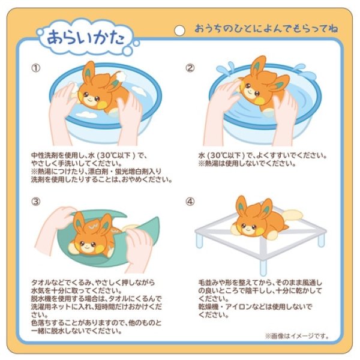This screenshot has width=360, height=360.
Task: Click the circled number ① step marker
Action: coord(37,67)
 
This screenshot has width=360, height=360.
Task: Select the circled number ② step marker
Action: coord(190,67)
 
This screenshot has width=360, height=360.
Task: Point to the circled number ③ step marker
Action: coord(37,202)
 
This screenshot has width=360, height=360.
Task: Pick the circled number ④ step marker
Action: coord(190,202)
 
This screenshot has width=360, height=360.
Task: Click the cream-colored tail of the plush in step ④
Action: coord(292,215)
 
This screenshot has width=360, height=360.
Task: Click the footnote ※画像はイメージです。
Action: coord(296,336)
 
